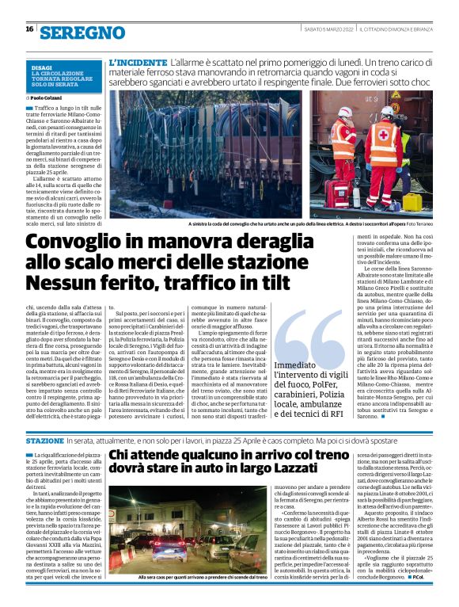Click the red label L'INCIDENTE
[x=138, y=61]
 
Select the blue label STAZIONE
[x=44, y=440]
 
